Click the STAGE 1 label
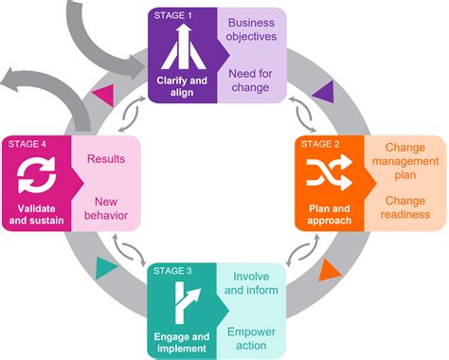(172, 16)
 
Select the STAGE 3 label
(172, 271)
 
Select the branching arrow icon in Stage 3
(183, 304)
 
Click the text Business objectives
(251, 28)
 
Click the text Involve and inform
(251, 285)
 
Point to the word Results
(105, 158)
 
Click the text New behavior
(105, 207)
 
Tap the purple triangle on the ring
(322, 90)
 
